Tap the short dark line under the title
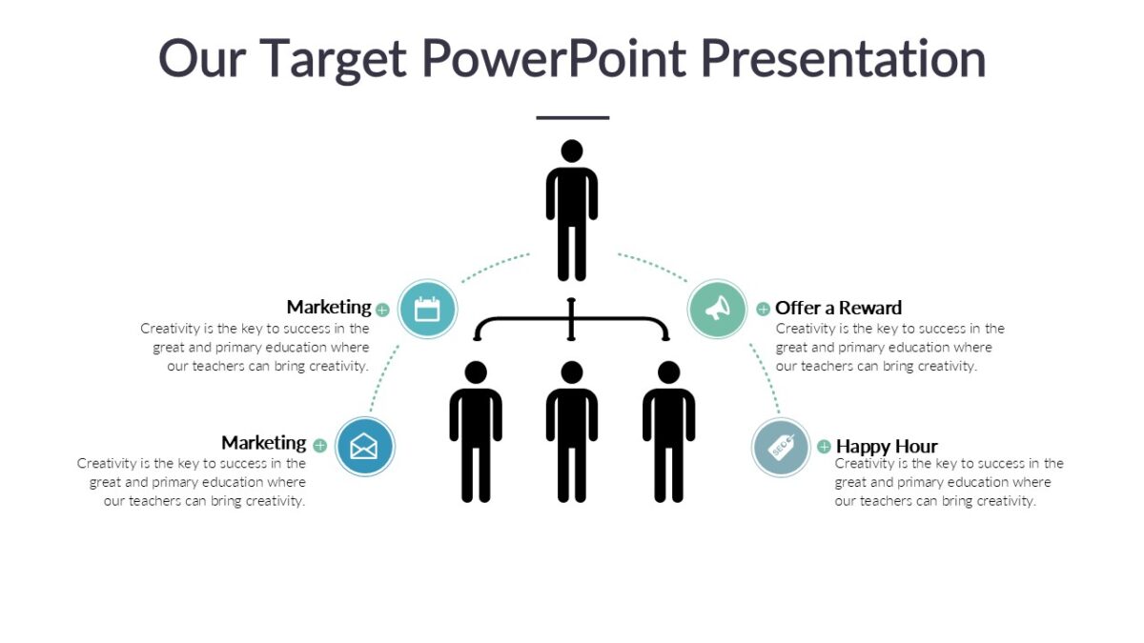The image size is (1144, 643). pyautogui.click(x=572, y=118)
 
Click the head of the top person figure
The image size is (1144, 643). pyautogui.click(x=572, y=152)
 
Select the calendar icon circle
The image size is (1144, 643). pyautogui.click(x=428, y=309)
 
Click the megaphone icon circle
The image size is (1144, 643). pyautogui.click(x=717, y=309)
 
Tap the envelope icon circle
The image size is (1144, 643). pyautogui.click(x=364, y=446)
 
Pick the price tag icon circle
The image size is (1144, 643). pyautogui.click(x=781, y=447)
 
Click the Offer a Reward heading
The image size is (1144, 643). pyautogui.click(x=838, y=308)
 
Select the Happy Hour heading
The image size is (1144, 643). pyautogui.click(x=887, y=446)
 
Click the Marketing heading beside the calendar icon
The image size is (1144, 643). pyautogui.click(x=329, y=307)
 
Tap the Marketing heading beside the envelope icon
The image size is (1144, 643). pyautogui.click(x=264, y=443)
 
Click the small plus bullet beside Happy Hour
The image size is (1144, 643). pyautogui.click(x=824, y=447)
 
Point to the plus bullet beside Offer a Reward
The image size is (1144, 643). pyautogui.click(x=763, y=309)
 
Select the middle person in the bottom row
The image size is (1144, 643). pyautogui.click(x=572, y=433)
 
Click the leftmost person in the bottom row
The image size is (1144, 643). pyautogui.click(x=476, y=433)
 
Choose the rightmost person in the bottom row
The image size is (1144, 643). pyautogui.click(x=668, y=433)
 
